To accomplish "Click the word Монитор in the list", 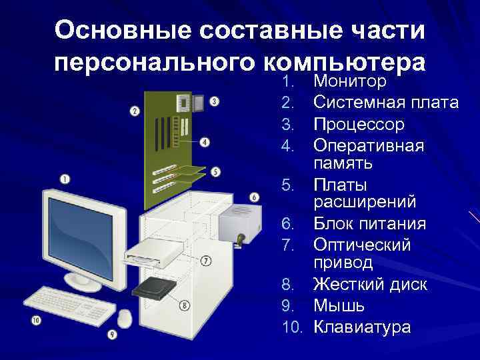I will click(x=349, y=82).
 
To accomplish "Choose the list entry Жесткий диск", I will click(x=370, y=285).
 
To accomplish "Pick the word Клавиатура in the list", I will click(x=362, y=327).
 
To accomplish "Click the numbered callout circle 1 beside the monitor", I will click(x=65, y=178).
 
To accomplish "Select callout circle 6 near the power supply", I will click(x=254, y=197).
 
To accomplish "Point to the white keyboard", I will click(x=70, y=304).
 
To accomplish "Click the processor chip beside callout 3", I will click(x=197, y=102).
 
